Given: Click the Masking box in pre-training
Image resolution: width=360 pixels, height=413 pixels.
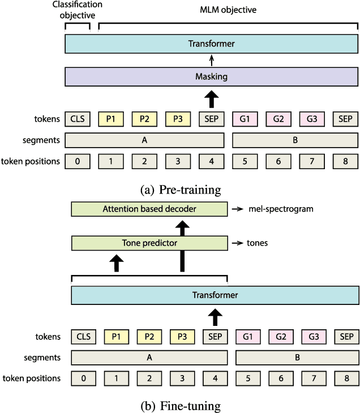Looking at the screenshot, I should (x=212, y=76).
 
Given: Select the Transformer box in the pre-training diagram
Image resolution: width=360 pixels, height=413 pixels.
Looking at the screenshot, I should (x=212, y=44).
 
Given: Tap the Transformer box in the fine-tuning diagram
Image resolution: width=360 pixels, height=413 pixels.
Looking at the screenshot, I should (x=215, y=295).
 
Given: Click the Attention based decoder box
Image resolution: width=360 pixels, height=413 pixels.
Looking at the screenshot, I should (x=149, y=209).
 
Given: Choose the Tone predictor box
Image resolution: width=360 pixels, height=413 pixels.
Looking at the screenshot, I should (x=149, y=243).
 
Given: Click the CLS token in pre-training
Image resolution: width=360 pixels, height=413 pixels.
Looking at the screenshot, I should (x=77, y=119).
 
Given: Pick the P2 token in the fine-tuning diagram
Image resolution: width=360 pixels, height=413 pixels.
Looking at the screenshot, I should (x=149, y=337).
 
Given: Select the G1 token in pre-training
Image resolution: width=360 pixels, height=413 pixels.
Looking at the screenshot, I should (x=245, y=119).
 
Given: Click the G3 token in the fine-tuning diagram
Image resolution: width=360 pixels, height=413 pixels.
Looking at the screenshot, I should (x=312, y=337).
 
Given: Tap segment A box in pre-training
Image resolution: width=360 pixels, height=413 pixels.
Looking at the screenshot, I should (x=145, y=140).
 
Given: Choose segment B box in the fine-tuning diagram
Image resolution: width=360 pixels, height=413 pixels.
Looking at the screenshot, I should (x=297, y=358).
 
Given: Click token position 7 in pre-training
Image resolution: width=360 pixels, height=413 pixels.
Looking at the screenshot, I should (x=312, y=161).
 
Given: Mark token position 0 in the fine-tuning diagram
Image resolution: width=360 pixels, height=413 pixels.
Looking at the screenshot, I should (x=83, y=378).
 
